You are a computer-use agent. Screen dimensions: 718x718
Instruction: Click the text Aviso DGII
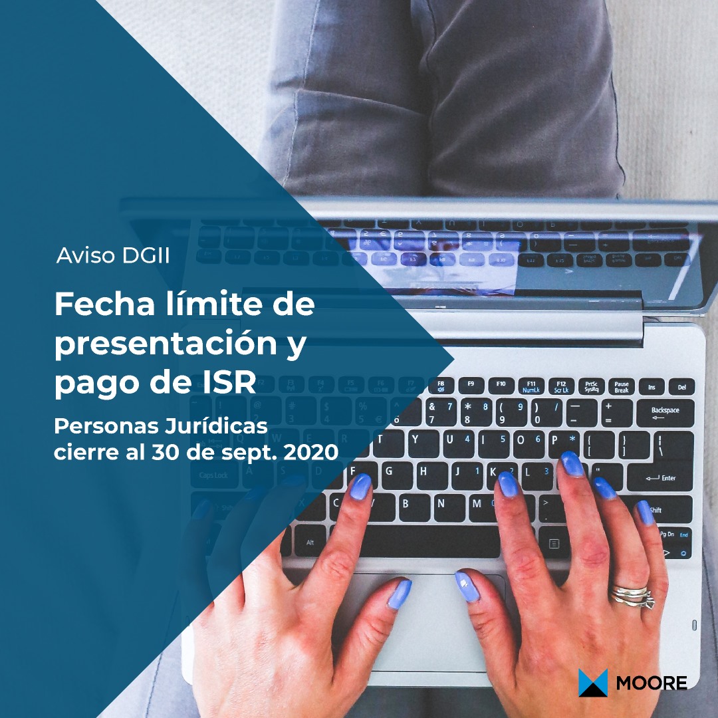[112, 255]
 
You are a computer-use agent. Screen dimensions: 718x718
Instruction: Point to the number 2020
[311, 453]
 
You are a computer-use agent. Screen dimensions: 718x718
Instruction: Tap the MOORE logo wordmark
[651, 683]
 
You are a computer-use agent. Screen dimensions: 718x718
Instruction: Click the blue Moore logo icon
[593, 682]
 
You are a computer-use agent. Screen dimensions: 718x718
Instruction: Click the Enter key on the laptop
[660, 477]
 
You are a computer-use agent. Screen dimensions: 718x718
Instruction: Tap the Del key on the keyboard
[682, 387]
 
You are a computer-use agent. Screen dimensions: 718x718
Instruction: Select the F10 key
[501, 385]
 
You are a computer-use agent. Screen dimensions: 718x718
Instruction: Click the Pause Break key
[622, 387]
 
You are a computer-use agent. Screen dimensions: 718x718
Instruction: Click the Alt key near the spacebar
[310, 541]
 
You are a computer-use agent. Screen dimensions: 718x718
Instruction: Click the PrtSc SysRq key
[591, 386]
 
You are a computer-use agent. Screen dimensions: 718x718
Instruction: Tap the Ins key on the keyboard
[652, 387]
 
